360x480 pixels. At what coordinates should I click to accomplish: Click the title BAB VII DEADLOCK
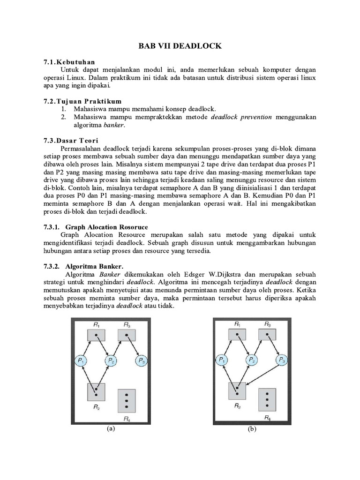[x=180, y=46]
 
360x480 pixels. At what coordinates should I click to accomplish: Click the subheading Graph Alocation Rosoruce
[x=106, y=227]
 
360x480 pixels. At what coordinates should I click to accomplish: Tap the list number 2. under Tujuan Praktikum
[x=64, y=117]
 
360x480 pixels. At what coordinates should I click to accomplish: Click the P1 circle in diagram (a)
[x=81, y=360]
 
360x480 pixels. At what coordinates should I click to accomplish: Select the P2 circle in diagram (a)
[x=111, y=360]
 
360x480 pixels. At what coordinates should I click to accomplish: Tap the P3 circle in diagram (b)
[x=282, y=360]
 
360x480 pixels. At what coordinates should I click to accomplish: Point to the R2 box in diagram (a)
[x=96, y=391]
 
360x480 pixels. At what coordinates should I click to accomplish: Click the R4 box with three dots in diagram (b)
[x=266, y=398]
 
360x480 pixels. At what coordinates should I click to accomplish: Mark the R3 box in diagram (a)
[x=127, y=335]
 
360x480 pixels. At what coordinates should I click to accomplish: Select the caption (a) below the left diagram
[x=111, y=428]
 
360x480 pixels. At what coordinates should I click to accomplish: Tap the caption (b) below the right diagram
[x=251, y=429]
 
